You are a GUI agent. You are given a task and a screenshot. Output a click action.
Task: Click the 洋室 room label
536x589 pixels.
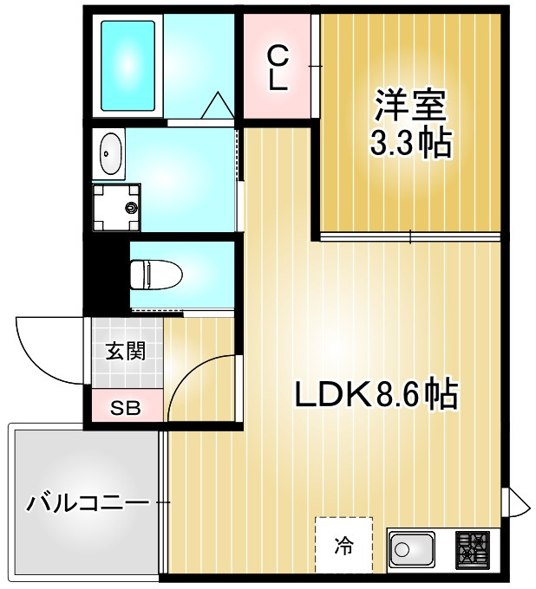point(409,106)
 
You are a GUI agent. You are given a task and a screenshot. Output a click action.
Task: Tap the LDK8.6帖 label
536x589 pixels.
point(376,395)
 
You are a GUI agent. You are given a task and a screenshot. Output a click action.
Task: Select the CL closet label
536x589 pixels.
point(277,68)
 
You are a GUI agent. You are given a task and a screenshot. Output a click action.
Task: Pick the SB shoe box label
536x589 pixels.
point(125,408)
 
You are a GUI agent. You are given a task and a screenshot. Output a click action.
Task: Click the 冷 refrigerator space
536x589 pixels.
point(344,546)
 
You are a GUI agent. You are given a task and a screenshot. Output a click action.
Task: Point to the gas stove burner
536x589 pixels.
point(473,548)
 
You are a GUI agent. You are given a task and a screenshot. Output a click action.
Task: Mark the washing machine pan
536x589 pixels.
point(116,208)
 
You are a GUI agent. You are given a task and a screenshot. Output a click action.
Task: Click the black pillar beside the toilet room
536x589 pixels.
point(105,273)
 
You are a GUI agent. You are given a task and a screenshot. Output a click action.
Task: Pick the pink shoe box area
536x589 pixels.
point(127,408)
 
